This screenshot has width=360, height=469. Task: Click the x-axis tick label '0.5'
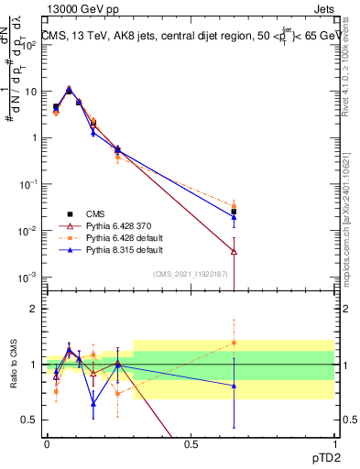(x=191, y=443)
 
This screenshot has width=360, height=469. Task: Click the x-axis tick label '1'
(x=333, y=443)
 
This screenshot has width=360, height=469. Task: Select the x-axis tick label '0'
(x=47, y=443)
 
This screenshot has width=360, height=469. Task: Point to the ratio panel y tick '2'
(x=34, y=309)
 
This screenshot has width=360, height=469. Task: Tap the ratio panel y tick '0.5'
(x=29, y=420)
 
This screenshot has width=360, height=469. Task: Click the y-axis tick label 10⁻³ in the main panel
(x=27, y=277)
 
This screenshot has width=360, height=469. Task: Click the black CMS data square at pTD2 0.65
(x=234, y=212)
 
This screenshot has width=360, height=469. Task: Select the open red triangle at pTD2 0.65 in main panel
(x=234, y=251)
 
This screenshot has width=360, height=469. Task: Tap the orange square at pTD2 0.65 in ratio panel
(x=234, y=343)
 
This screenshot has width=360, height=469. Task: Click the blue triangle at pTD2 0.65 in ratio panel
(x=234, y=386)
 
